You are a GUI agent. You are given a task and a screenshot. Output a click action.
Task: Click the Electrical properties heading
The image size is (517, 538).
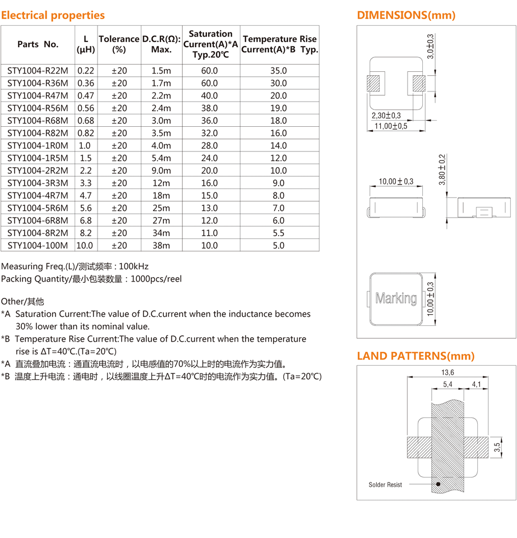pyautogui.click(x=53, y=15)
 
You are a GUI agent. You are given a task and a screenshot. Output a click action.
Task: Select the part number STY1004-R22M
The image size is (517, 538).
pyautogui.click(x=38, y=71)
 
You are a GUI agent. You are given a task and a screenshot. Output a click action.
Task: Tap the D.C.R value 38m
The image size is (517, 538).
pyautogui.click(x=161, y=245)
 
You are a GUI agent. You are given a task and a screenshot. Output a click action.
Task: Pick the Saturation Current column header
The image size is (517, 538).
pyautogui.click(x=210, y=44)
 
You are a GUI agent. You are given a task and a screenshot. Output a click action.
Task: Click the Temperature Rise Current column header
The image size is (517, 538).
pyautogui.click(x=279, y=44)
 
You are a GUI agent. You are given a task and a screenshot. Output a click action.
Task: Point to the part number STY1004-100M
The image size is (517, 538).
pyautogui.click(x=38, y=245)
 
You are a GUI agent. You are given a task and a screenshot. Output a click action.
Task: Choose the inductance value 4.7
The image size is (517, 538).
pyautogui.click(x=85, y=195)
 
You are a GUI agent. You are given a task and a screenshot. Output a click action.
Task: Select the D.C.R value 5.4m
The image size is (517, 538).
pyautogui.click(x=161, y=158)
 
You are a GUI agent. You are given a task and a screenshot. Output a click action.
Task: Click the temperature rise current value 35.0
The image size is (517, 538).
pyautogui.click(x=278, y=71)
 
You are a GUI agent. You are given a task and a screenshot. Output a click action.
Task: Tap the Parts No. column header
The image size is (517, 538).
pyautogui.click(x=38, y=44)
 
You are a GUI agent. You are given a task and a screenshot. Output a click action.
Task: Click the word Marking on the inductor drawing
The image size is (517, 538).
pyautogui.click(x=396, y=298)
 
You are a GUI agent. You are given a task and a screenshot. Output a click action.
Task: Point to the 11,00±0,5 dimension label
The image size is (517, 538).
pyautogui.click(x=391, y=126)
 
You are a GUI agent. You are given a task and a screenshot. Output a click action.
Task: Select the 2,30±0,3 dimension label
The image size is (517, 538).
pyautogui.click(x=386, y=115)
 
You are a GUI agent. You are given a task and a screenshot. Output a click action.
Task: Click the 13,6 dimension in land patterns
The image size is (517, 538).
pyautogui.click(x=447, y=373)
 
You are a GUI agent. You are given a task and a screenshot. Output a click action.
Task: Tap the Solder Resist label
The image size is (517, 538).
pyautogui.click(x=385, y=485)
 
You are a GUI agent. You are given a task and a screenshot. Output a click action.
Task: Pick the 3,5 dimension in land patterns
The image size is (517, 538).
pyautogui.click(x=497, y=447)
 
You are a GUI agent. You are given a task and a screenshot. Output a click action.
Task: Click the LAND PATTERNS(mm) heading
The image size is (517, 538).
pyautogui.click(x=416, y=356)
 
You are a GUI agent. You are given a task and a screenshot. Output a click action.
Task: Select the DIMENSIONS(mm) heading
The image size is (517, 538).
pyautogui.click(x=406, y=15)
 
